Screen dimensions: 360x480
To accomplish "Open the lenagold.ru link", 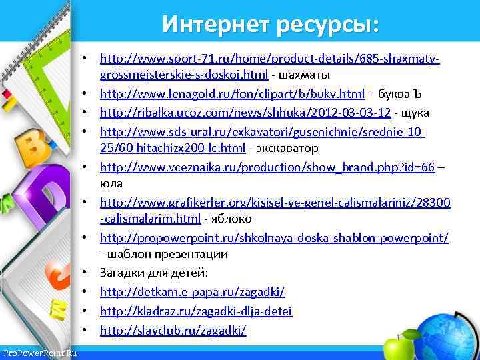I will click(x=232, y=93).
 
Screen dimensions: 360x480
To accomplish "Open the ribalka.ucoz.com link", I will click(x=245, y=111).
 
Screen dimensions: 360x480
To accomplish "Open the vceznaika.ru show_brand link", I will click(x=267, y=167).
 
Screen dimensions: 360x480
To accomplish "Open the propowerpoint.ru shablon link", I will click(x=274, y=238).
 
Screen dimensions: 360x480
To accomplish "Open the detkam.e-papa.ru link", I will click(x=193, y=292).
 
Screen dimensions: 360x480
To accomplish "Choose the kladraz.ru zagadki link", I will click(x=196, y=311).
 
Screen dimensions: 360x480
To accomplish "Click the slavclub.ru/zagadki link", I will click(x=173, y=330).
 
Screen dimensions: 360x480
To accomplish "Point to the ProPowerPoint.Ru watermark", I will click(x=39, y=353).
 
